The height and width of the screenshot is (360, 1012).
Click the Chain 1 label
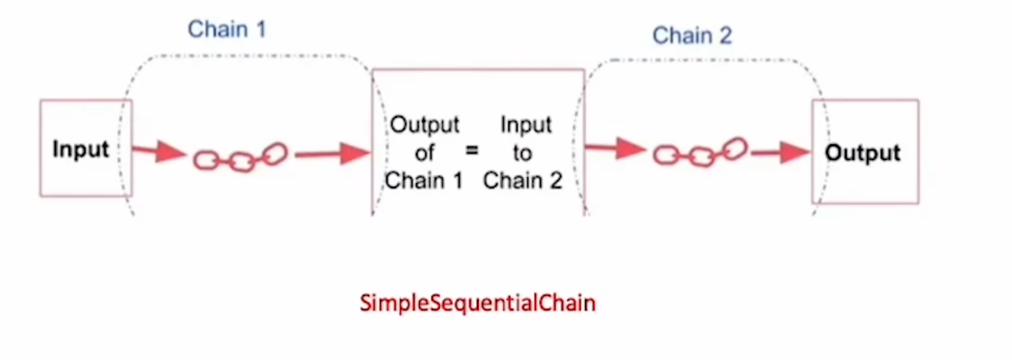[x=227, y=29]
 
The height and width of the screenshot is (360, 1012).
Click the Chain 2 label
[x=691, y=35]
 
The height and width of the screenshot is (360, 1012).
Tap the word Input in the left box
[x=81, y=149]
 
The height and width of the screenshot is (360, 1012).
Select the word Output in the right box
[x=863, y=153]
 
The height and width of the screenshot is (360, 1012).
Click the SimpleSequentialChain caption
[x=477, y=303]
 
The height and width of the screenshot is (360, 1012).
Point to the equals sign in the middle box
[x=472, y=151]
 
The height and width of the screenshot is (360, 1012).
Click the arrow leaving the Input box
[x=158, y=151]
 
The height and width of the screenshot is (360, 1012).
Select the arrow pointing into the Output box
[x=780, y=152]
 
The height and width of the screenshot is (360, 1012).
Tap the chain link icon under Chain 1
[x=240, y=157]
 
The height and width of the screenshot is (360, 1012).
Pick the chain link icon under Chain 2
[x=700, y=152]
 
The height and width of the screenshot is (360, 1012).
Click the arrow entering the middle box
[x=332, y=153]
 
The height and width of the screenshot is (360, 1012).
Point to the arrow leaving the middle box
[x=615, y=148]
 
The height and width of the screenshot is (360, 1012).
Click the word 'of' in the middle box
[x=425, y=152]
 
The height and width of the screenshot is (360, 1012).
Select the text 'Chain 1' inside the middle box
[x=424, y=181]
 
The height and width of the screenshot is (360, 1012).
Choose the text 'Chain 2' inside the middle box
[x=522, y=181]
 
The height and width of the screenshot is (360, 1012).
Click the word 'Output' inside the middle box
[x=425, y=124]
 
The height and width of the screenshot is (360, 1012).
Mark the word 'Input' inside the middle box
[x=525, y=124]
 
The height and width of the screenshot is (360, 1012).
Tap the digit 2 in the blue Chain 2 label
[x=725, y=35]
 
